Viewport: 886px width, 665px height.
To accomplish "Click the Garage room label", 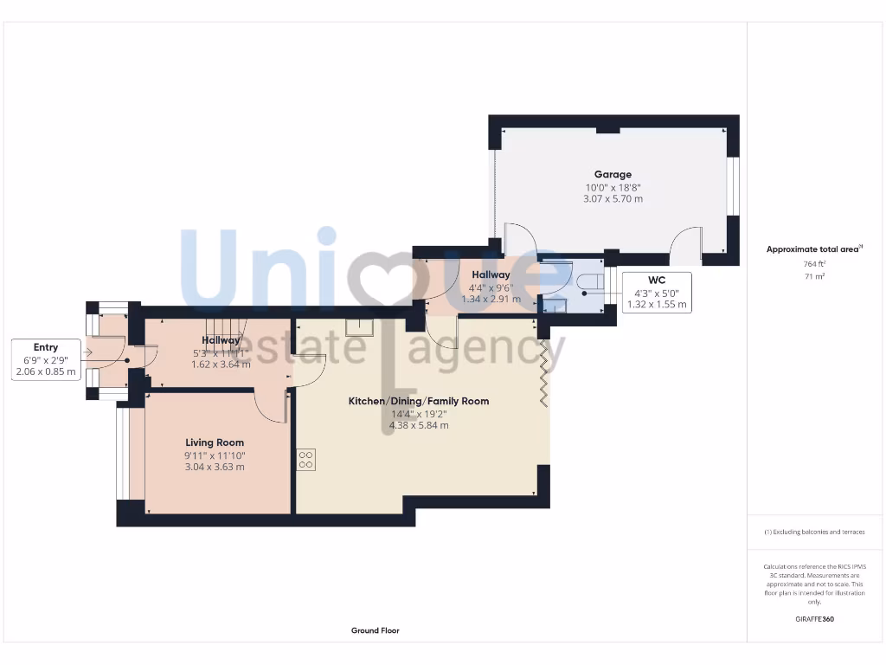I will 613,174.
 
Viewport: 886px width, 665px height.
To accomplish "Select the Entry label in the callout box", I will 46,347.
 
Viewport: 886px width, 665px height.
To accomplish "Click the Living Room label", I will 215,442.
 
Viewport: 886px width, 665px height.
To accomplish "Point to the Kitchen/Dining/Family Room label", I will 419,401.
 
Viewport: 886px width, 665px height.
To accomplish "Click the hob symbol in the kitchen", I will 306,460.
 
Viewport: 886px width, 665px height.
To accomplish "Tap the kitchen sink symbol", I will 357,326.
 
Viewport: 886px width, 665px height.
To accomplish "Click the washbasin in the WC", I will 550,306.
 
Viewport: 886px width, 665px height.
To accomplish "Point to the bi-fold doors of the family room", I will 544,372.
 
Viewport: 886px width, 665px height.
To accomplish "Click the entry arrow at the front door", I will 87,352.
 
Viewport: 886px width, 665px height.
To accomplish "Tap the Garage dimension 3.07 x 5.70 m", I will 613,199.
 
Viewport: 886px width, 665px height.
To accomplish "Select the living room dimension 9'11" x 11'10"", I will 215,455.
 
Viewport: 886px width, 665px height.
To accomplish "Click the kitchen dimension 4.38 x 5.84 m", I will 419,425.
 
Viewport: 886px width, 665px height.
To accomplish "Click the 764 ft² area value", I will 814,263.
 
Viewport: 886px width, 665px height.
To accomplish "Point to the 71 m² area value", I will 814,276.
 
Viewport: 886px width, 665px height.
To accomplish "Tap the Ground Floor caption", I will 375,630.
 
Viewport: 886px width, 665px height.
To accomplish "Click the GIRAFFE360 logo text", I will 814,619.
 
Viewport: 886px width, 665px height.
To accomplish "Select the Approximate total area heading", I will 813,249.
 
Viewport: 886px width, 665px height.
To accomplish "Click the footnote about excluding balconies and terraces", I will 814,532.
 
